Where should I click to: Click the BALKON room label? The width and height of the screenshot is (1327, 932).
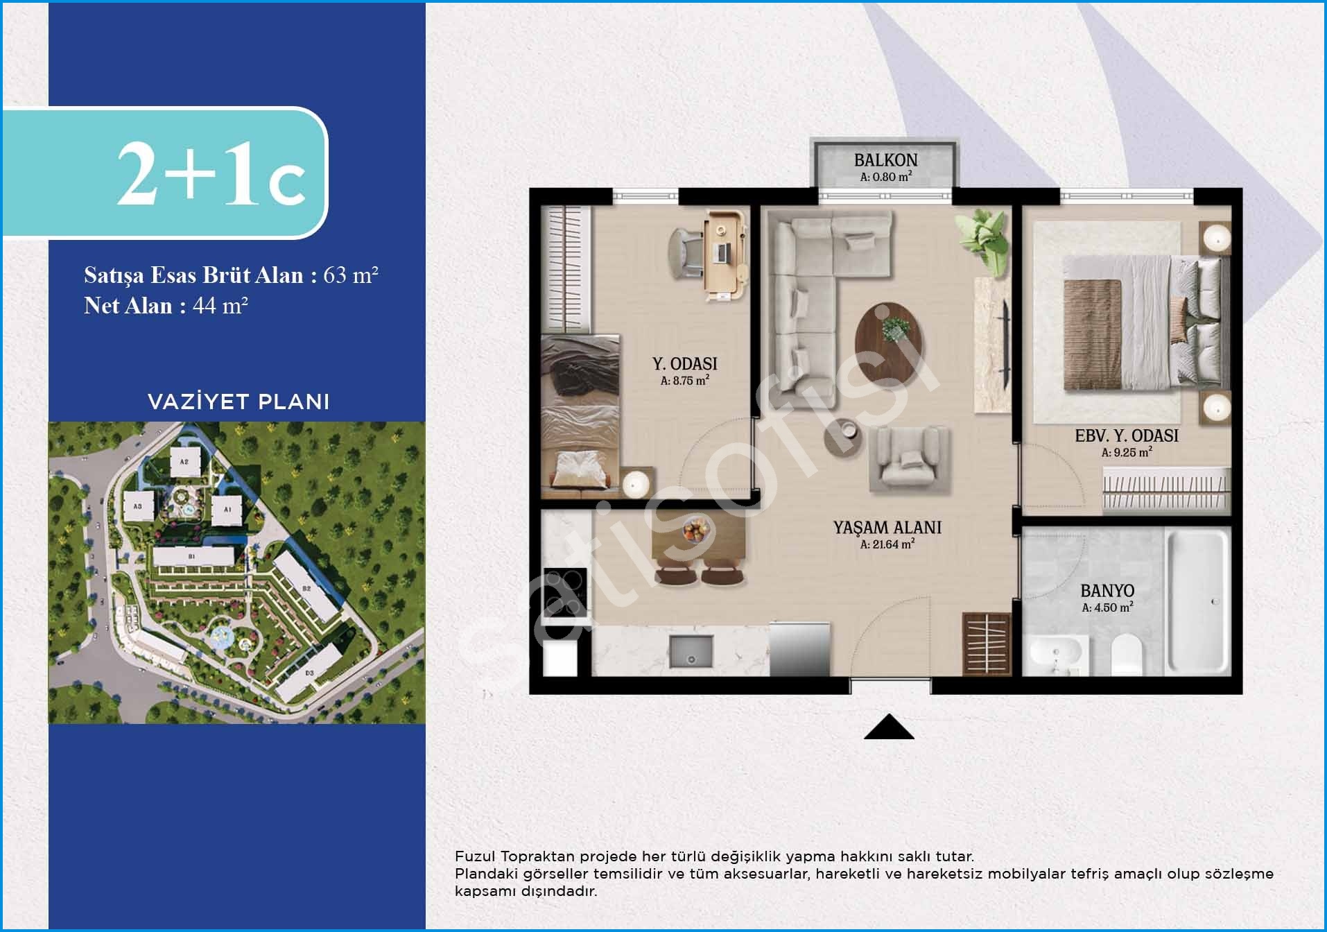[885, 160]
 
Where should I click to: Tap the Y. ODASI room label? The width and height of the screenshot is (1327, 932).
[685, 363]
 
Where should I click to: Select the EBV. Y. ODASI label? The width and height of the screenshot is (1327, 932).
[1127, 435]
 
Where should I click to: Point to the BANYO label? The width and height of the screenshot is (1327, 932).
[1107, 591]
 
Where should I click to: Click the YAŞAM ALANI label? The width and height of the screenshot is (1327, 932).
[887, 528]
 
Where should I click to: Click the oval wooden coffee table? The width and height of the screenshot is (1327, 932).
[890, 333]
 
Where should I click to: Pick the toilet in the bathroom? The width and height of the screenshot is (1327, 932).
[1126, 655]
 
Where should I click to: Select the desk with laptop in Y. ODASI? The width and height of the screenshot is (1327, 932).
[726, 257]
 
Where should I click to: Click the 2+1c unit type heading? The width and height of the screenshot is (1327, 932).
[211, 175]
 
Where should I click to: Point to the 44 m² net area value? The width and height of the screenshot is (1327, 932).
[220, 305]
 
